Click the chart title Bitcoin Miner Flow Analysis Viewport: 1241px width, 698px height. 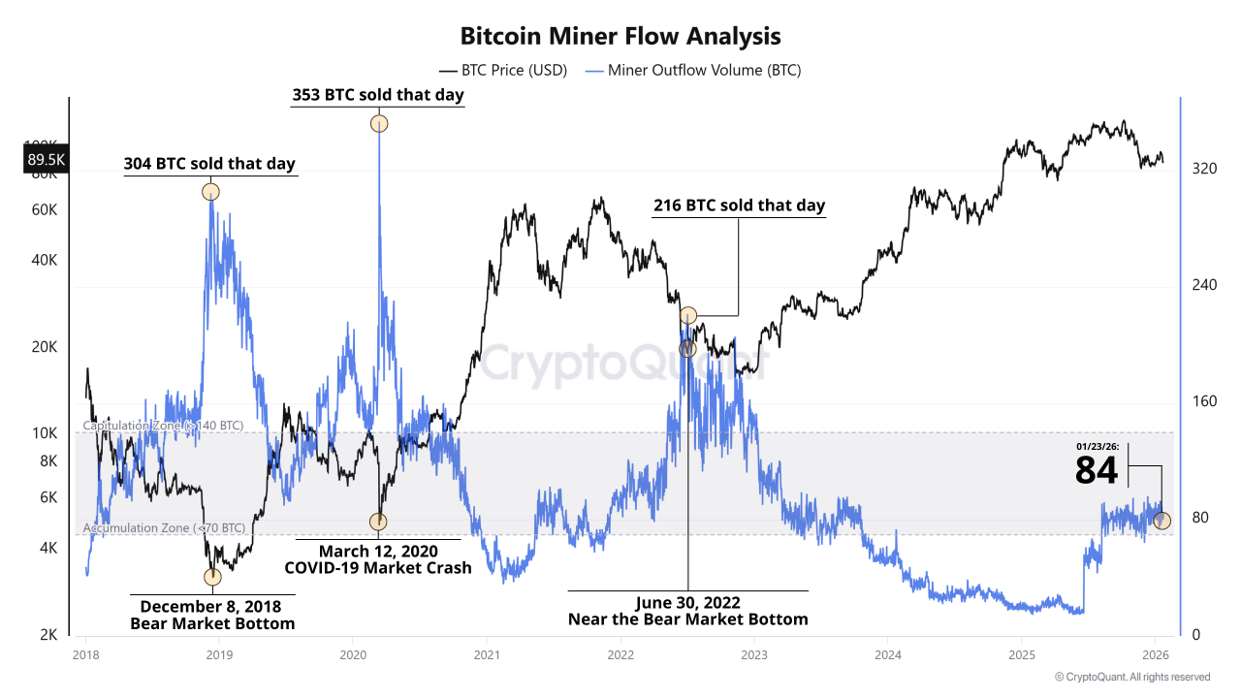pyautogui.click(x=620, y=37)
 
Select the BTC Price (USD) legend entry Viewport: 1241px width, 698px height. pyautogui.click(x=503, y=70)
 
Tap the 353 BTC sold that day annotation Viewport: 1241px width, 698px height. pyautogui.click(x=378, y=95)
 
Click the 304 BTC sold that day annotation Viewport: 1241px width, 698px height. pyautogui.click(x=209, y=164)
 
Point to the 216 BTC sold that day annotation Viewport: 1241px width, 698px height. pyautogui.click(x=739, y=206)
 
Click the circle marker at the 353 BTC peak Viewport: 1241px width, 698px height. pyautogui.click(x=378, y=123)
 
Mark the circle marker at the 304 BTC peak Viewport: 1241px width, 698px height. pyautogui.click(x=210, y=192)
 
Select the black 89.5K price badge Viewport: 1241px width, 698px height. pyautogui.click(x=46, y=160)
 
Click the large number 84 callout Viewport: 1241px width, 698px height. pyautogui.click(x=1097, y=471)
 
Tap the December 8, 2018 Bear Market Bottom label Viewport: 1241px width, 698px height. pyautogui.click(x=212, y=615)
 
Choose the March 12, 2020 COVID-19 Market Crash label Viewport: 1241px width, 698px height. pyautogui.click(x=378, y=559)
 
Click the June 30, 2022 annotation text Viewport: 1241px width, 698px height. pyautogui.click(x=687, y=610)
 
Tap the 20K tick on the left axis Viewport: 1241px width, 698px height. pyautogui.click(x=45, y=347)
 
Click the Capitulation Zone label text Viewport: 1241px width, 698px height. pyautogui.click(x=163, y=426)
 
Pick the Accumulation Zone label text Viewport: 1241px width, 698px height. pyautogui.click(x=164, y=527)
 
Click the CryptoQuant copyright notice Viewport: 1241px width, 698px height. pyautogui.click(x=1131, y=677)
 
